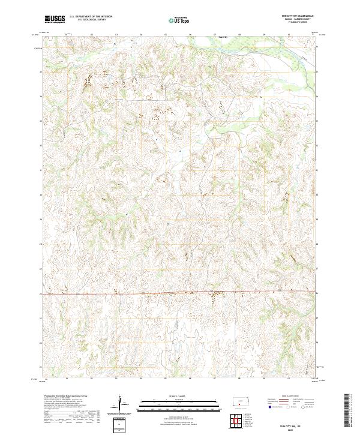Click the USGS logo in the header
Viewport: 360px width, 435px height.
click(x=55, y=19)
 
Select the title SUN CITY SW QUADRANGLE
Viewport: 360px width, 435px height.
click(x=292, y=16)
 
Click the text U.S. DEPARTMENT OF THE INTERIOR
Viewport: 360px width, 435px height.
click(x=91, y=17)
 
